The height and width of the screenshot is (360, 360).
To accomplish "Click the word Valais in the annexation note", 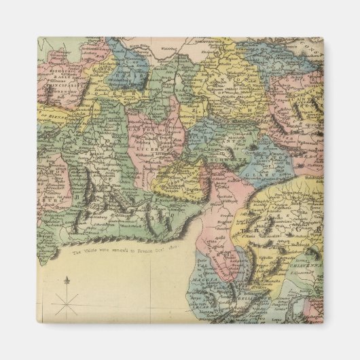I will [93, 251].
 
